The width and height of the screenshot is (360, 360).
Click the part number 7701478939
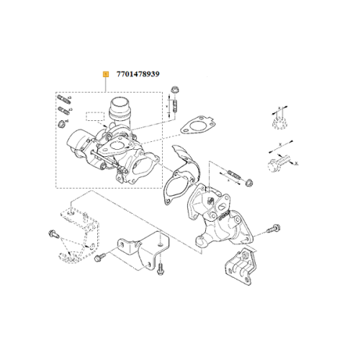tap(137, 73)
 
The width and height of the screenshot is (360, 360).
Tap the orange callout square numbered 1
tap(105, 73)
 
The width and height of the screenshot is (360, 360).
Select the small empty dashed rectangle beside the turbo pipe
tap(94, 115)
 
